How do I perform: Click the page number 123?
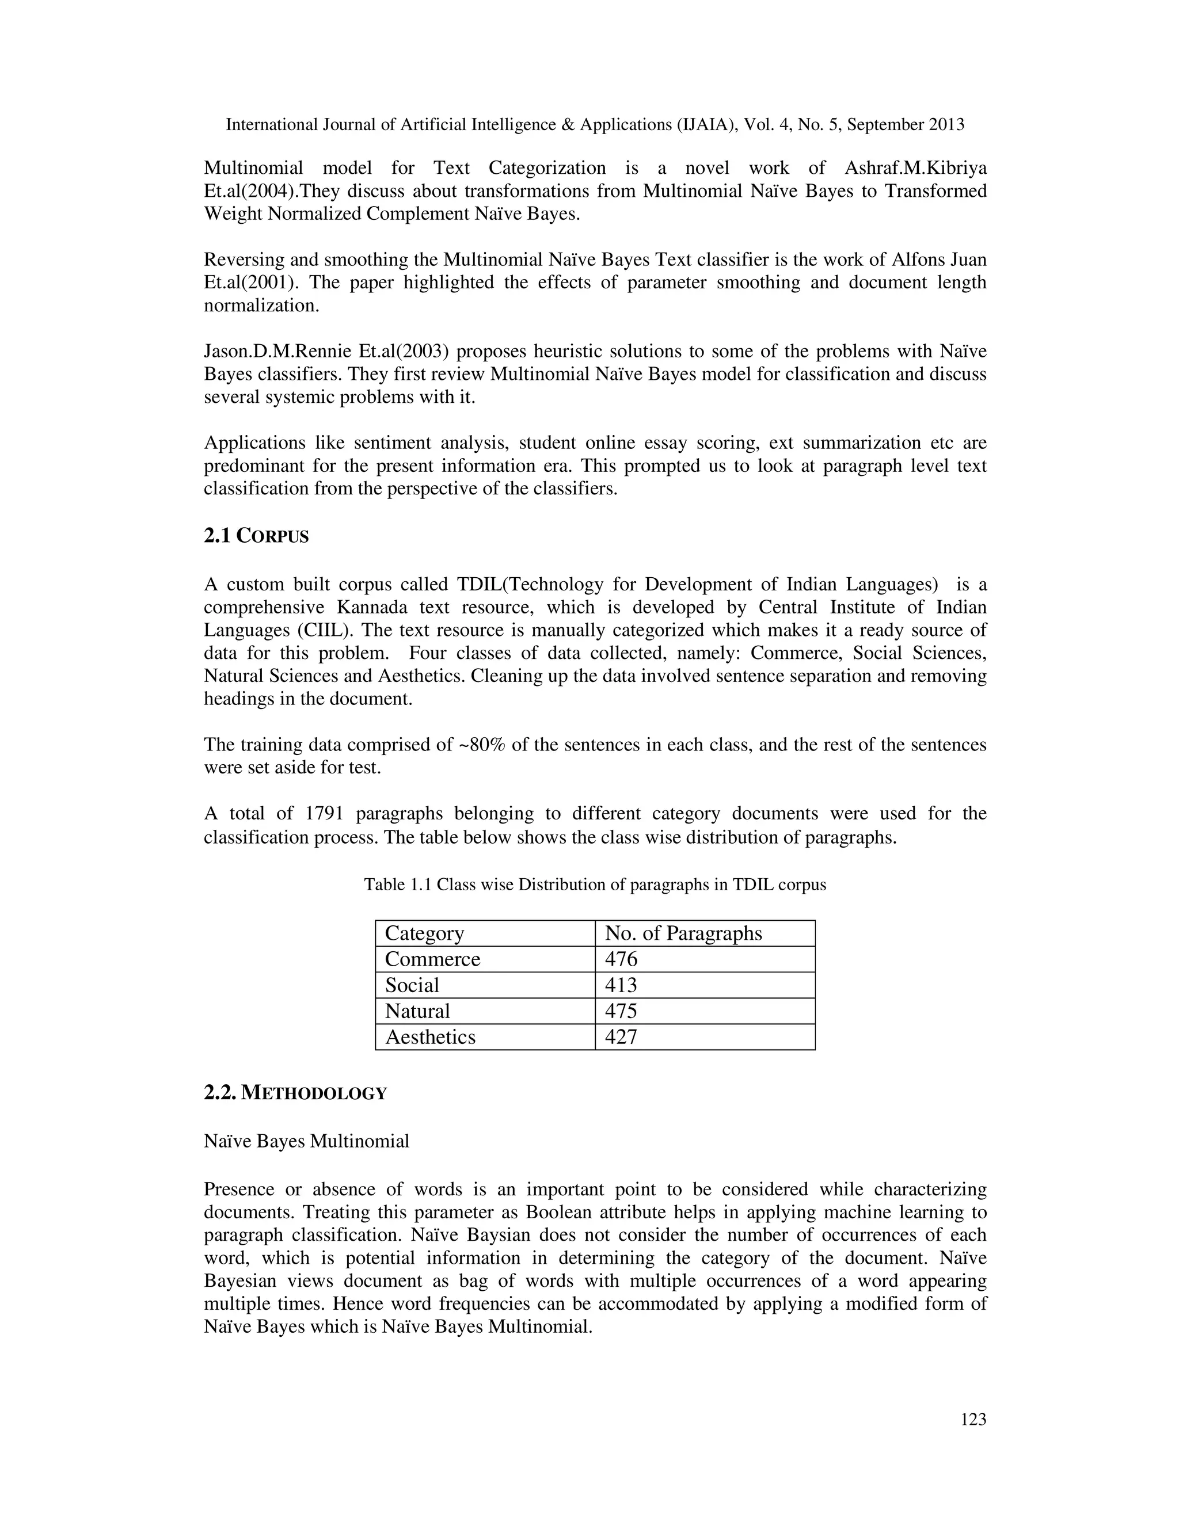973,1420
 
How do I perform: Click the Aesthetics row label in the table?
429,1036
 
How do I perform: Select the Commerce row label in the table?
432,959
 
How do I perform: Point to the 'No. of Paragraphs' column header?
683,933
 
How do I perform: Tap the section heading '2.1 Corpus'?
256,536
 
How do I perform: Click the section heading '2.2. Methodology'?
295,1093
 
